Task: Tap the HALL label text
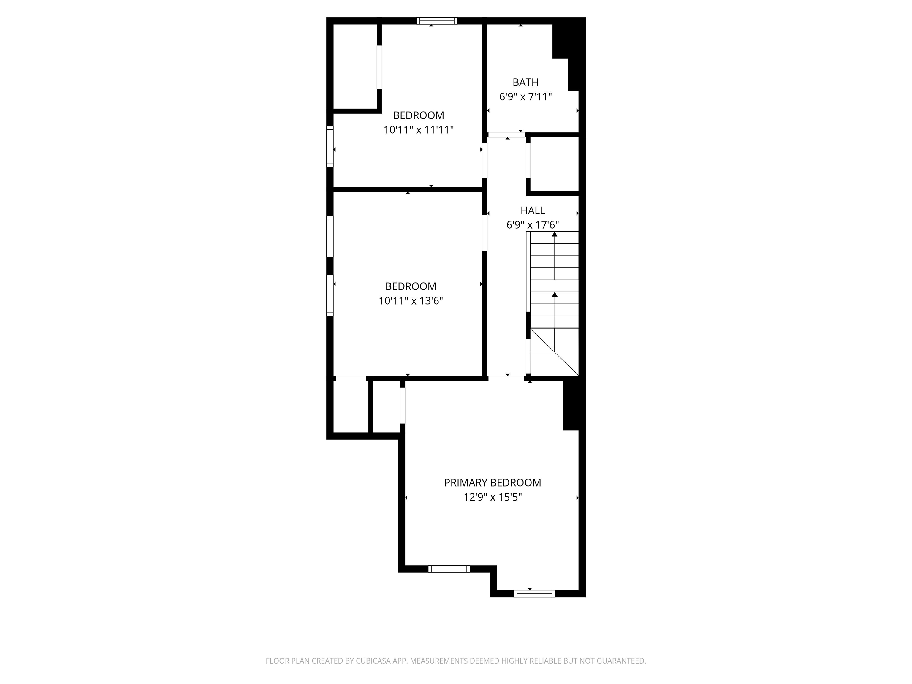click(x=533, y=211)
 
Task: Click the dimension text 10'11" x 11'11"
click(x=419, y=130)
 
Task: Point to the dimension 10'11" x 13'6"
click(x=411, y=301)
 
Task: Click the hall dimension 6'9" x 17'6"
click(x=533, y=225)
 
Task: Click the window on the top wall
click(x=437, y=20)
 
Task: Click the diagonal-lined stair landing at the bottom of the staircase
click(x=554, y=352)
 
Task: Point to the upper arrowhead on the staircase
click(x=555, y=234)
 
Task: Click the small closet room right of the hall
click(x=555, y=164)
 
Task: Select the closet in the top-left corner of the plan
click(x=355, y=66)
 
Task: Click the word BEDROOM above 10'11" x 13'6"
click(x=411, y=286)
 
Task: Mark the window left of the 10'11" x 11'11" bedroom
click(x=330, y=146)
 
